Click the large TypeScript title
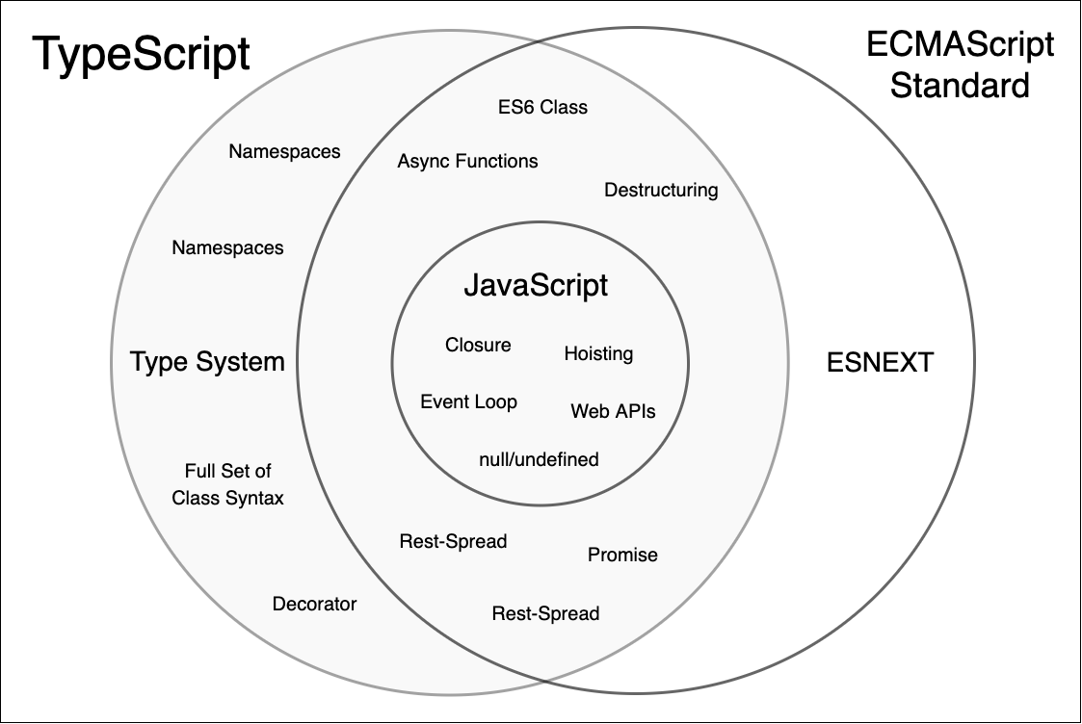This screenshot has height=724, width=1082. point(142,55)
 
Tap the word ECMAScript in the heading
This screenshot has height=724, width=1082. point(960,44)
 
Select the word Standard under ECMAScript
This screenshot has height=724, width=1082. point(960,86)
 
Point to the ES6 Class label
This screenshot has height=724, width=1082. point(542,107)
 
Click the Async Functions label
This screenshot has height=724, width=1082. point(467,161)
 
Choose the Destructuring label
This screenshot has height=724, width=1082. point(661,190)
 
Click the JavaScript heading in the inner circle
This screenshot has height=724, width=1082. point(536,286)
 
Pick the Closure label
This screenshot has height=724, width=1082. point(478,345)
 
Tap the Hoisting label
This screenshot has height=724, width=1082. point(598,353)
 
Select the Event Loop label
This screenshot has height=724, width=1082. point(468,401)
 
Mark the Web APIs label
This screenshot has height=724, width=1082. point(613,411)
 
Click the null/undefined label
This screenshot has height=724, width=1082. point(539,459)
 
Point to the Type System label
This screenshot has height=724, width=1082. point(207,362)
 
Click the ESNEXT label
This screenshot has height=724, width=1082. point(880,363)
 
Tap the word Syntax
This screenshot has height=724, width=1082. point(254,498)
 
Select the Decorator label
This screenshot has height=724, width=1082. point(314,604)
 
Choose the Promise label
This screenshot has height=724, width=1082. point(622,555)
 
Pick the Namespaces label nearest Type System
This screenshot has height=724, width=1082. point(227,247)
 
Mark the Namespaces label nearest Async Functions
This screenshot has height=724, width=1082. point(284,151)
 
